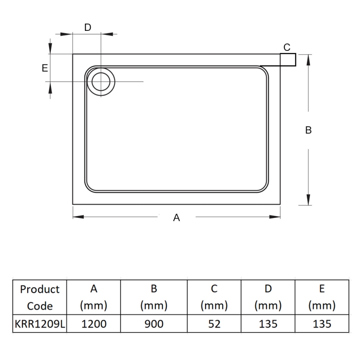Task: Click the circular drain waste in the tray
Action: pos(101,82)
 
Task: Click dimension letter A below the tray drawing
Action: pos(177,218)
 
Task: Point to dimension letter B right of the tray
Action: pos(308,130)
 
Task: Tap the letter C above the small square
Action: pos(287,47)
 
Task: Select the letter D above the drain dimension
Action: pos(88,27)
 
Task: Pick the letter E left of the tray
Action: pos(44,68)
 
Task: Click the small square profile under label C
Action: pos(288,59)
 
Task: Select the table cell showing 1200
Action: pos(93,324)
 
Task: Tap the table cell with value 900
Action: pos(154,324)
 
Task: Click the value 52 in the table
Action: pos(214,324)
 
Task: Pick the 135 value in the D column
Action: pos(268,324)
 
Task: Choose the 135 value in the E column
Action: pos(322,324)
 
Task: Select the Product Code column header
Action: pos(40,297)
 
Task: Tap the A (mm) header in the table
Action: pos(93,297)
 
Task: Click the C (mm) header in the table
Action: pos(214,297)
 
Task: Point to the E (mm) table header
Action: pos(322,297)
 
